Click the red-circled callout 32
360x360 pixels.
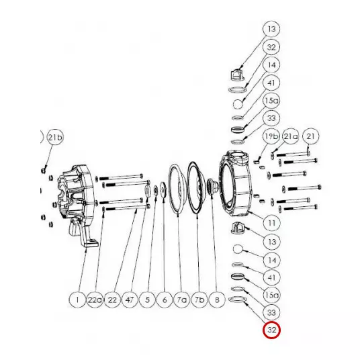coord(271,330)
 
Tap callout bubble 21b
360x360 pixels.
coord(55,137)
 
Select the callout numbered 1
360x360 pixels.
coord(77,300)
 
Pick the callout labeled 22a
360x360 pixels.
coord(95,300)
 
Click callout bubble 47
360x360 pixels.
coord(130,300)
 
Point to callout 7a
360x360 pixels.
coord(182,300)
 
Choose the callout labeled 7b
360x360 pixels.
coord(199,300)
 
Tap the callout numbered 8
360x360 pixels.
coord(217,300)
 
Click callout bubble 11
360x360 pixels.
coord(271,223)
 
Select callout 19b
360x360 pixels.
coord(271,136)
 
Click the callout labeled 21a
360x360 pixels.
coord(291,136)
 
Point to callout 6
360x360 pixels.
coord(165,300)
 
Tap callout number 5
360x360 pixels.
coord(147,300)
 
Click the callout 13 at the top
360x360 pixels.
coord(271,29)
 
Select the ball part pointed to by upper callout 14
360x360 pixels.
coord(238,104)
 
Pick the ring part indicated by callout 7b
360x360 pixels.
coord(197,189)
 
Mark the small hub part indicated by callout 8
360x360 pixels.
coord(212,185)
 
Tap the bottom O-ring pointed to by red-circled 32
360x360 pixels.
coord(238,300)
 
